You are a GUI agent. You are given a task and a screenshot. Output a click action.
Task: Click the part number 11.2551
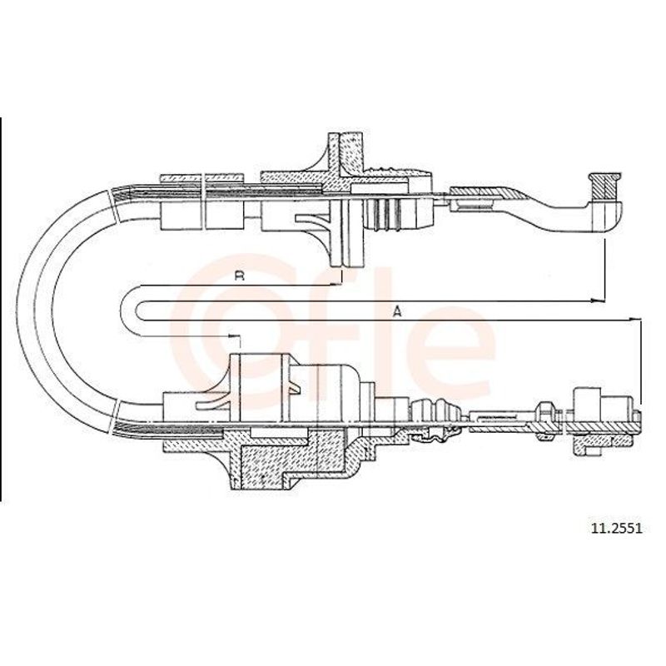[x=617, y=528]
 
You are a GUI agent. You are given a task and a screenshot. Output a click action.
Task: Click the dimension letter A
[x=397, y=312]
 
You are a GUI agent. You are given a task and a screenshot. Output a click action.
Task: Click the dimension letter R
[x=240, y=276]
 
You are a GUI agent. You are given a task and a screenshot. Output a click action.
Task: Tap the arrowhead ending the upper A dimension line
[x=598, y=301]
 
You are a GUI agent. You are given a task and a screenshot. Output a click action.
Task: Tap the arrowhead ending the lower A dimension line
[x=634, y=319]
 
